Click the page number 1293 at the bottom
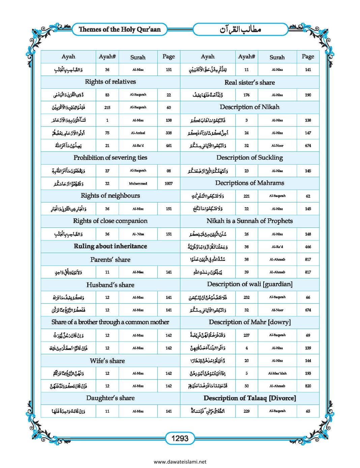pyautogui.click(x=180, y=438)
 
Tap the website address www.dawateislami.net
pyautogui.click(x=180, y=462)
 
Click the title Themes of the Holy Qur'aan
pyautogui.click(x=120, y=29)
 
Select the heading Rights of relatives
pyautogui.click(x=110, y=82)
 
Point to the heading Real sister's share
pyautogui.click(x=249, y=82)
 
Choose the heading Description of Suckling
pyautogui.click(x=249, y=158)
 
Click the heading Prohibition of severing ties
pyautogui.click(x=110, y=158)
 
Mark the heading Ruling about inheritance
pyautogui.click(x=110, y=246)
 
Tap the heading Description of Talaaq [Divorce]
pyautogui.click(x=249, y=398)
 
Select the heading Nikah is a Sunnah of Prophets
pyautogui.click(x=249, y=221)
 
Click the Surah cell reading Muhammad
pyautogui.click(x=138, y=184)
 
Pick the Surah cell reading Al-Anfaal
pyautogui.click(x=138, y=133)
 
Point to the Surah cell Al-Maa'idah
pyautogui.click(x=277, y=374)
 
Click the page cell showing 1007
pyautogui.click(x=169, y=184)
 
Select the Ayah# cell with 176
pyautogui.click(x=246, y=95)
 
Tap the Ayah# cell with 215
pyautogui.click(x=107, y=108)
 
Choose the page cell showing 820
pyautogui.click(x=308, y=386)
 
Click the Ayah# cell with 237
pyautogui.click(x=246, y=335)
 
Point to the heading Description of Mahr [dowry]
pyautogui.click(x=249, y=322)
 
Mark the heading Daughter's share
pyautogui.click(x=110, y=398)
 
